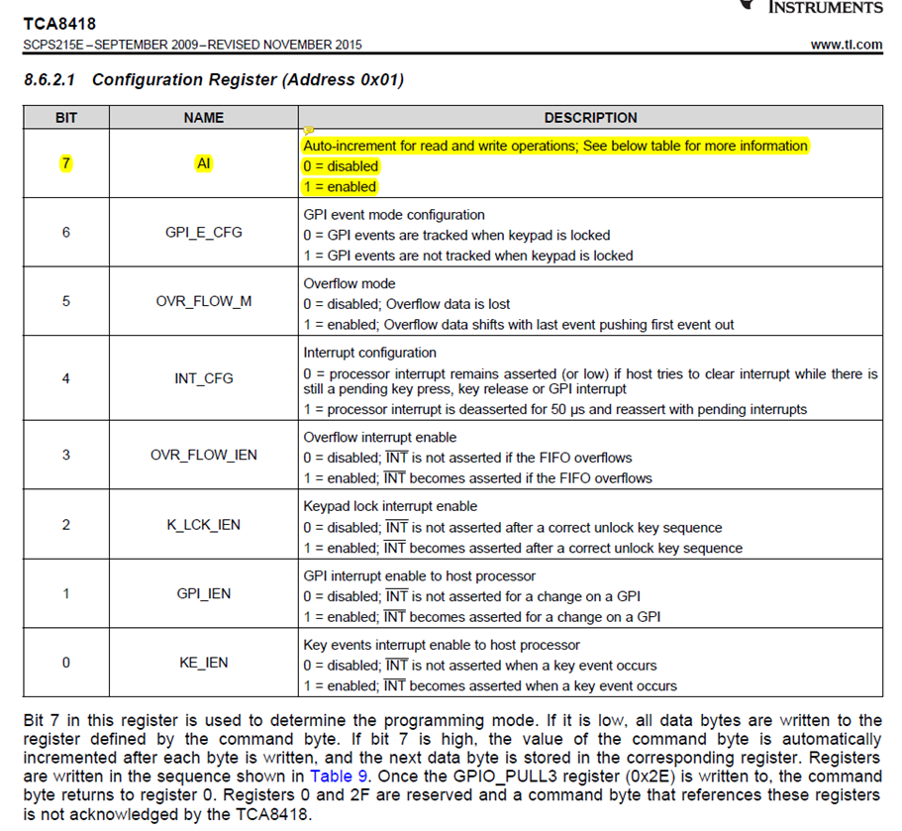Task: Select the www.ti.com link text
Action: [x=846, y=45]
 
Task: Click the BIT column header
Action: [x=65, y=118]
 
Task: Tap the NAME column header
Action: [x=204, y=118]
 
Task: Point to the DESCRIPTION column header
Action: [x=590, y=118]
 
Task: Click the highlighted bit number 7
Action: [x=65, y=164]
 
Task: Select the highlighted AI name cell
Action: [x=204, y=164]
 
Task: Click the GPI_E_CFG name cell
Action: [x=204, y=234]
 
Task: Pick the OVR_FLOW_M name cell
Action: [x=204, y=301]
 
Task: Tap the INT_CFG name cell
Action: [x=204, y=378]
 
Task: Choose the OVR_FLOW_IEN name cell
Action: [x=204, y=455]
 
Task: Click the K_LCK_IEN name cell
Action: [x=204, y=524]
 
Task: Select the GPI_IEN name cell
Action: [x=204, y=593]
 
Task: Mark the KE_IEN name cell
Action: [x=204, y=663]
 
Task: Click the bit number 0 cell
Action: [x=65, y=663]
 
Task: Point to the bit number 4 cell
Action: [x=65, y=378]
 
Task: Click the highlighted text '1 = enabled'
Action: [x=340, y=186]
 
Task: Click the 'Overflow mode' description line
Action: [x=351, y=283]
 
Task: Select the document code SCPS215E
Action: [x=53, y=45]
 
